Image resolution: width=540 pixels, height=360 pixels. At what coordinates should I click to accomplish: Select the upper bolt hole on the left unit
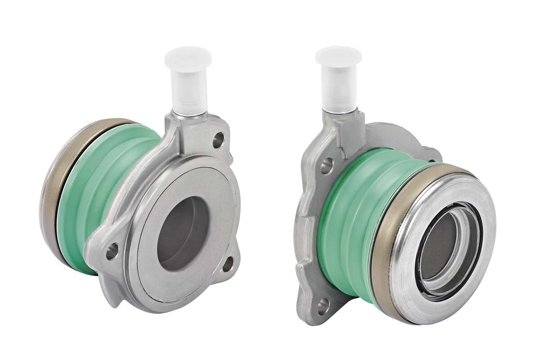[x=219, y=138]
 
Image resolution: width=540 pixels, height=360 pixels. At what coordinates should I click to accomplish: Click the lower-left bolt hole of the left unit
[x=112, y=251]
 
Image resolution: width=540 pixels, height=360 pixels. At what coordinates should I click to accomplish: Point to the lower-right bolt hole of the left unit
[x=228, y=264]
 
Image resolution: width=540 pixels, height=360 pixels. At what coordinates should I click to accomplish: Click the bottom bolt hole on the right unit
[x=323, y=306]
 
